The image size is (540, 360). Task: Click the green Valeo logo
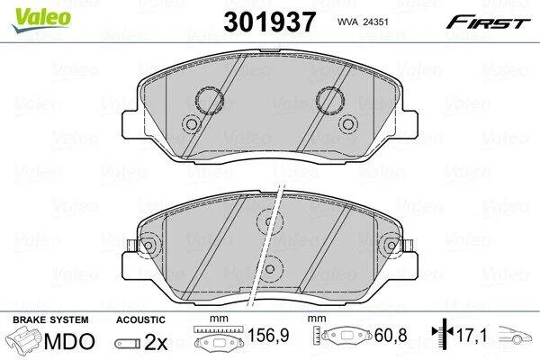(x=41, y=20)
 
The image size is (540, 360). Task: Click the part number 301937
(x=269, y=22)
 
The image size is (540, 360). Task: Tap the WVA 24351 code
(x=363, y=22)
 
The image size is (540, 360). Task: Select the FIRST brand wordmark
(x=488, y=22)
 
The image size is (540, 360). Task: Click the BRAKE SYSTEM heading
(x=50, y=319)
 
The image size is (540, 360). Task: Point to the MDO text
(x=69, y=341)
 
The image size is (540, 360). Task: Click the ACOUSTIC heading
(x=140, y=319)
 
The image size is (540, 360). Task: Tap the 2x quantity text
(x=156, y=342)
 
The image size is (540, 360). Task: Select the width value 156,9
(x=268, y=335)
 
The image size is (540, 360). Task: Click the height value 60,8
(x=391, y=335)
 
